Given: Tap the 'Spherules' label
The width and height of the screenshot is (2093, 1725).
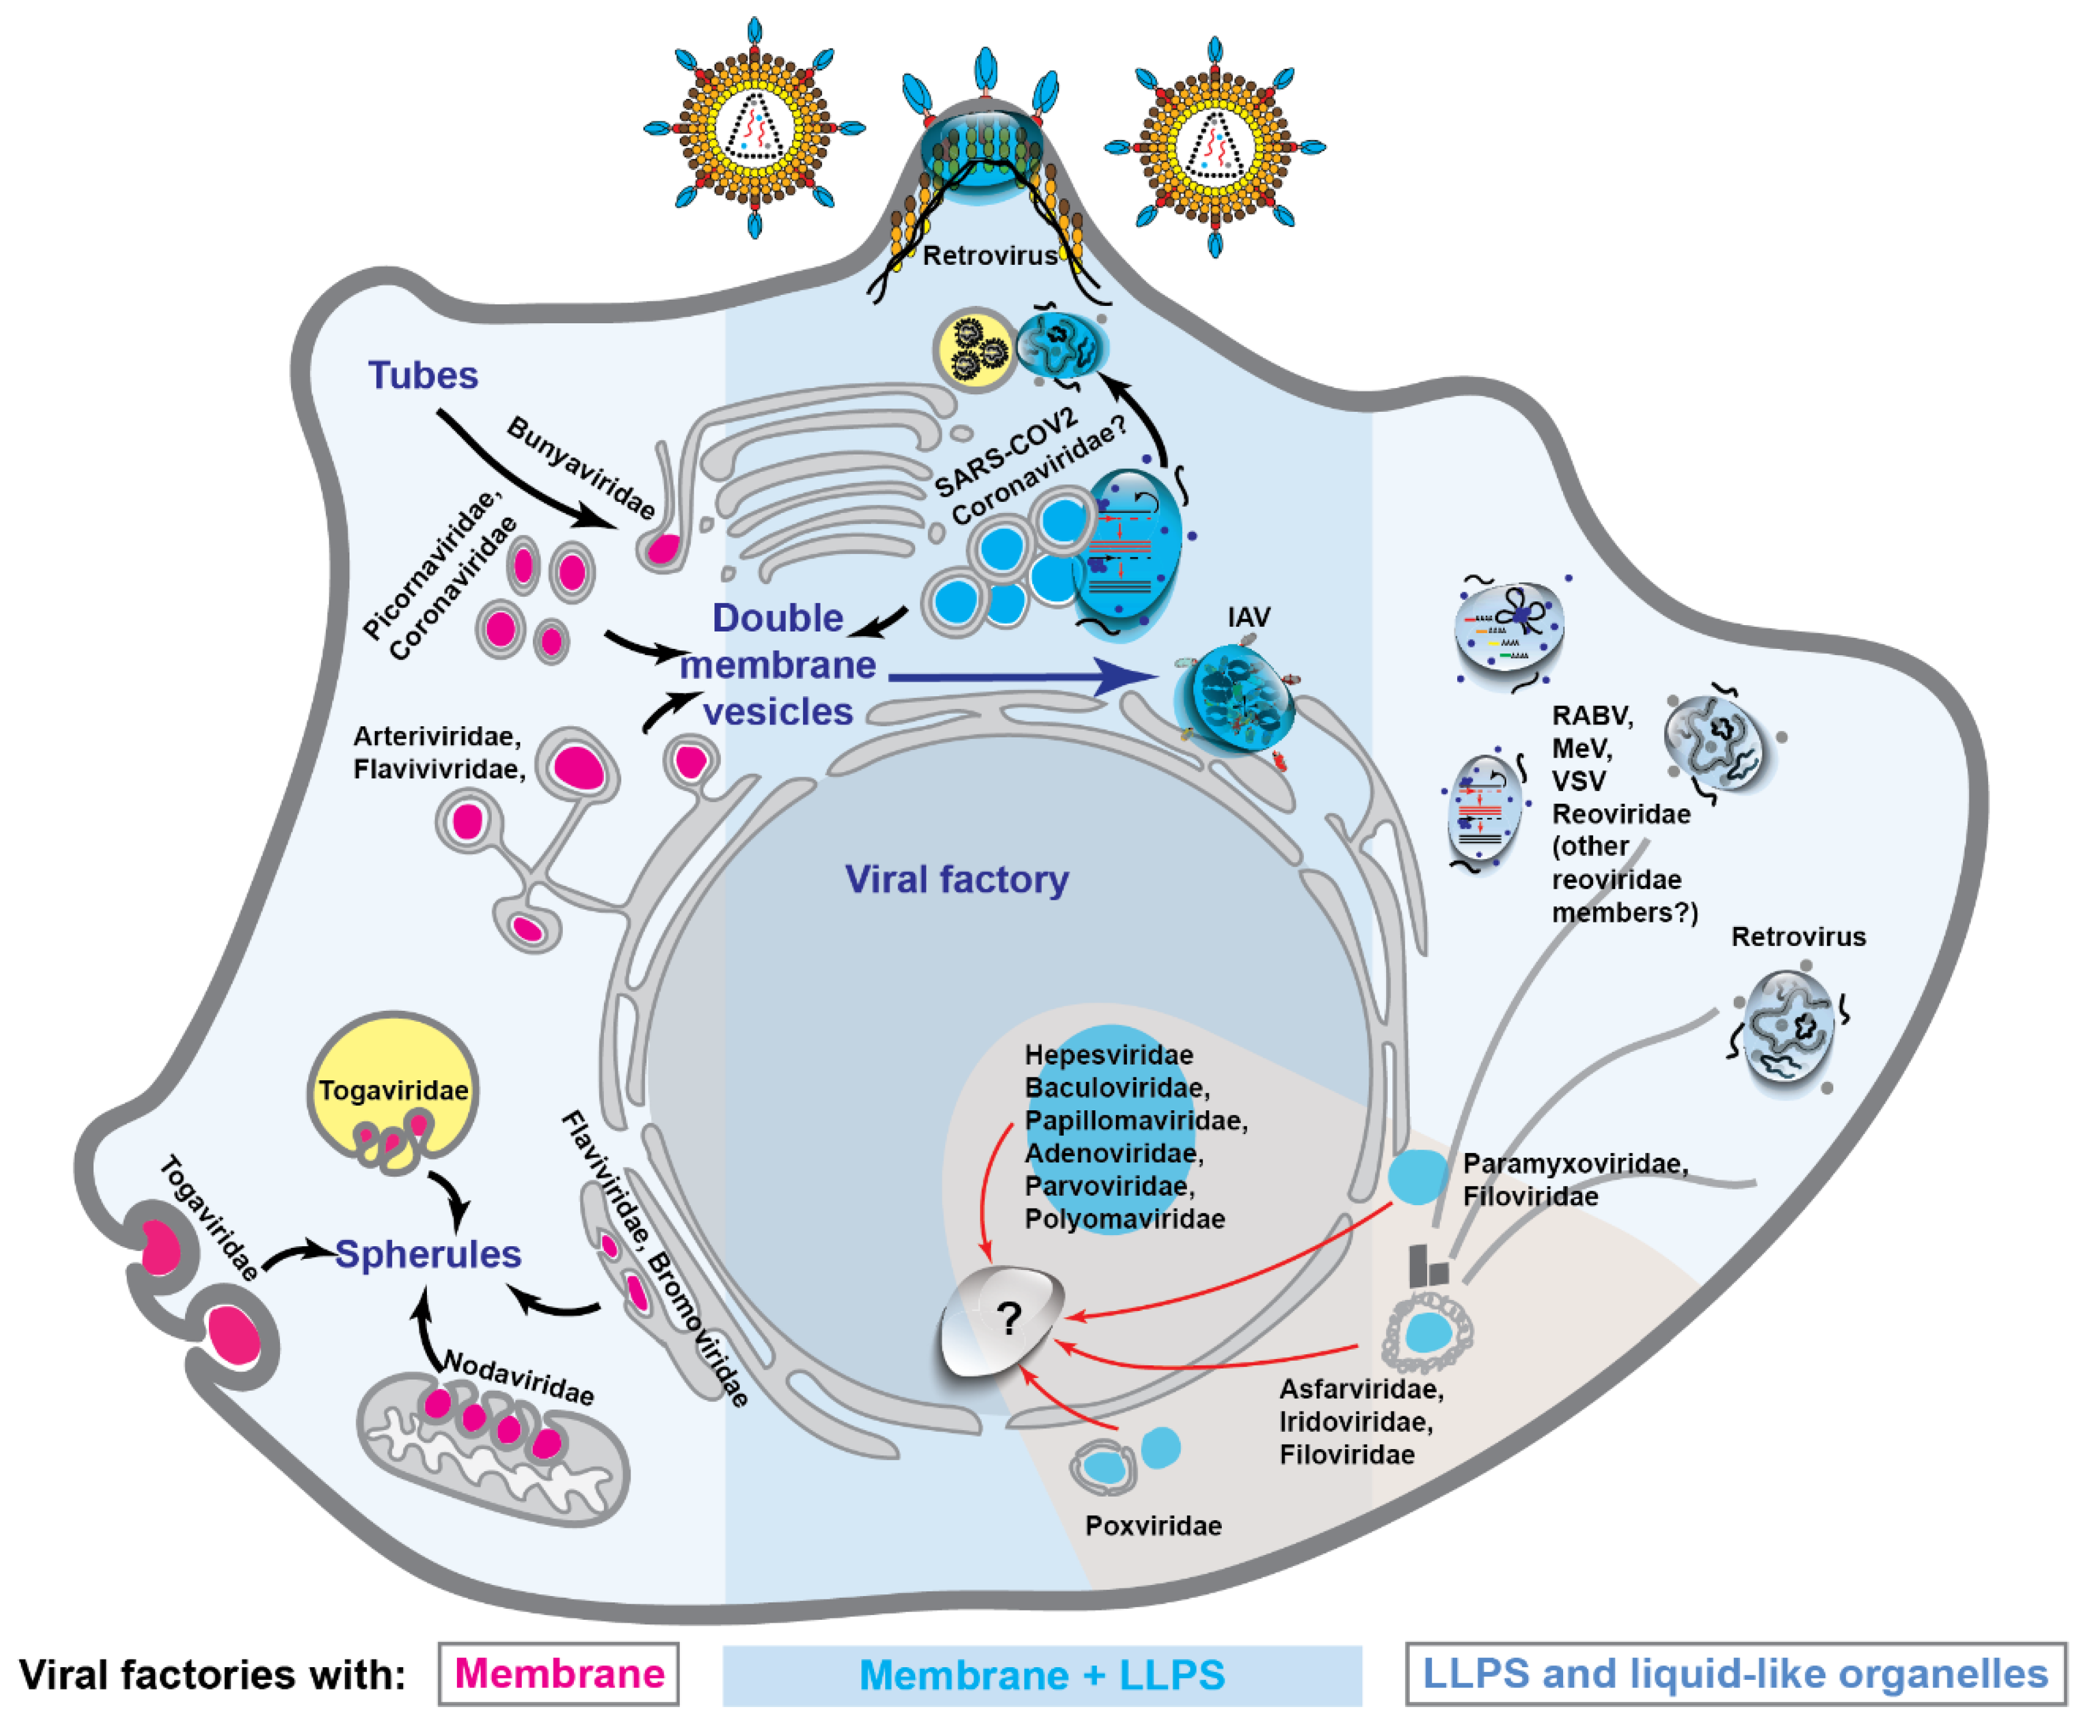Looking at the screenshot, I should pyautogui.click(x=428, y=1254).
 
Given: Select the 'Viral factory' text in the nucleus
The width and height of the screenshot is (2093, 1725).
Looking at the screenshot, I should pyautogui.click(x=956, y=880).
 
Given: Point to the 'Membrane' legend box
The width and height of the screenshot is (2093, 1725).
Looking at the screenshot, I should pyautogui.click(x=558, y=1674).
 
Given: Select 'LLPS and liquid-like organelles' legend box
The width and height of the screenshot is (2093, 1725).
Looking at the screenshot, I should pyautogui.click(x=1735, y=1674).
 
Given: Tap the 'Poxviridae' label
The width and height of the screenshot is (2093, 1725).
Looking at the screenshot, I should pyautogui.click(x=1153, y=1525).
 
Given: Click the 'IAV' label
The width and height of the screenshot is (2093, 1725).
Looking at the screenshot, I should pyautogui.click(x=1248, y=617).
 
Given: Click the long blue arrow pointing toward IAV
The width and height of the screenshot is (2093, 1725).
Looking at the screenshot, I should pyautogui.click(x=1023, y=677).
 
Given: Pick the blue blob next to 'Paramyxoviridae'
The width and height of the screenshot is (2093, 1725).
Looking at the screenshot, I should pyautogui.click(x=1417, y=1176).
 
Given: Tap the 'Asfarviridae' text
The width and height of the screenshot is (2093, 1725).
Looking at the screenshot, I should pyautogui.click(x=1361, y=1389).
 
